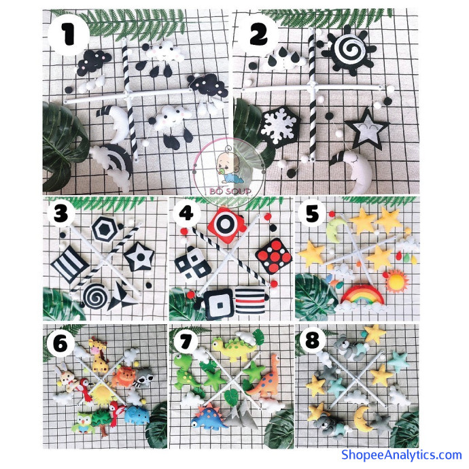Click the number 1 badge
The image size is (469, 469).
click(69, 35)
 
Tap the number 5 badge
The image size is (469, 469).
click(313, 215)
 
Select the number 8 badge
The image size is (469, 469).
click(312, 341)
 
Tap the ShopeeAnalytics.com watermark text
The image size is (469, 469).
click(402, 455)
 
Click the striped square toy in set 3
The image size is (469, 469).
click(70, 262)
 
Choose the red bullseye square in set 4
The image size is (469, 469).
click(228, 224)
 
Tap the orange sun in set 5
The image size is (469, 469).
click(397, 281)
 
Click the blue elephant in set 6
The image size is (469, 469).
click(137, 415)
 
